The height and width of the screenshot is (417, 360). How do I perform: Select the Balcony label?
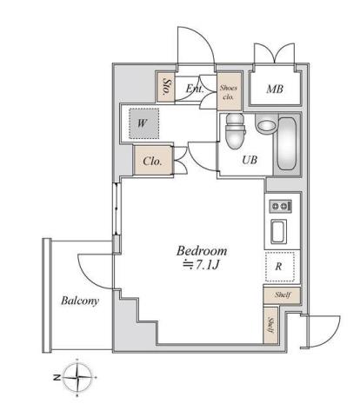tap(79, 301)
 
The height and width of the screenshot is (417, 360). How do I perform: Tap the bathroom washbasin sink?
tap(264, 125)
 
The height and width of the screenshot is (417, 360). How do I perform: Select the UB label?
tap(249, 160)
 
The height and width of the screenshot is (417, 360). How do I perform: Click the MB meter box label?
tap(275, 87)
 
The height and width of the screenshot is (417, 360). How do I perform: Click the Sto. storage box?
tap(167, 85)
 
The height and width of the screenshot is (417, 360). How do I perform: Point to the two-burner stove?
tap(280, 206)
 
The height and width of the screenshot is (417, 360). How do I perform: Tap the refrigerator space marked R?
tap(279, 268)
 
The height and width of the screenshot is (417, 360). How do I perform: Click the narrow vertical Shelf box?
tap(270, 326)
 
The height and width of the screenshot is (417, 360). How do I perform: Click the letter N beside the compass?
tap(54, 378)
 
